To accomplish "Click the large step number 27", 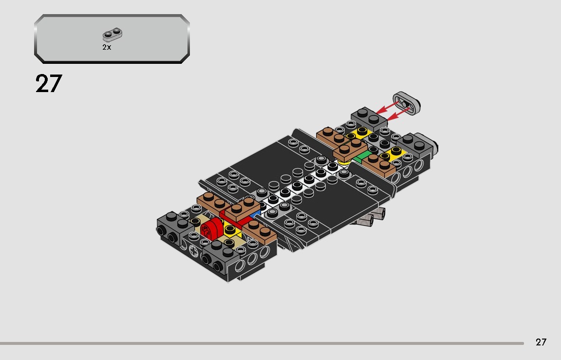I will (x=49, y=84).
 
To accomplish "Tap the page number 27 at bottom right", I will (x=541, y=342).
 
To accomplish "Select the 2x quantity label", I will (x=107, y=47).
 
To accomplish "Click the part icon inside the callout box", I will (x=112, y=35).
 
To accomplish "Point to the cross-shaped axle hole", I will (x=194, y=252).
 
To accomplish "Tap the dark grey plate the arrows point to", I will (x=369, y=118).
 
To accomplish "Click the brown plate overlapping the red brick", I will (x=243, y=208).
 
